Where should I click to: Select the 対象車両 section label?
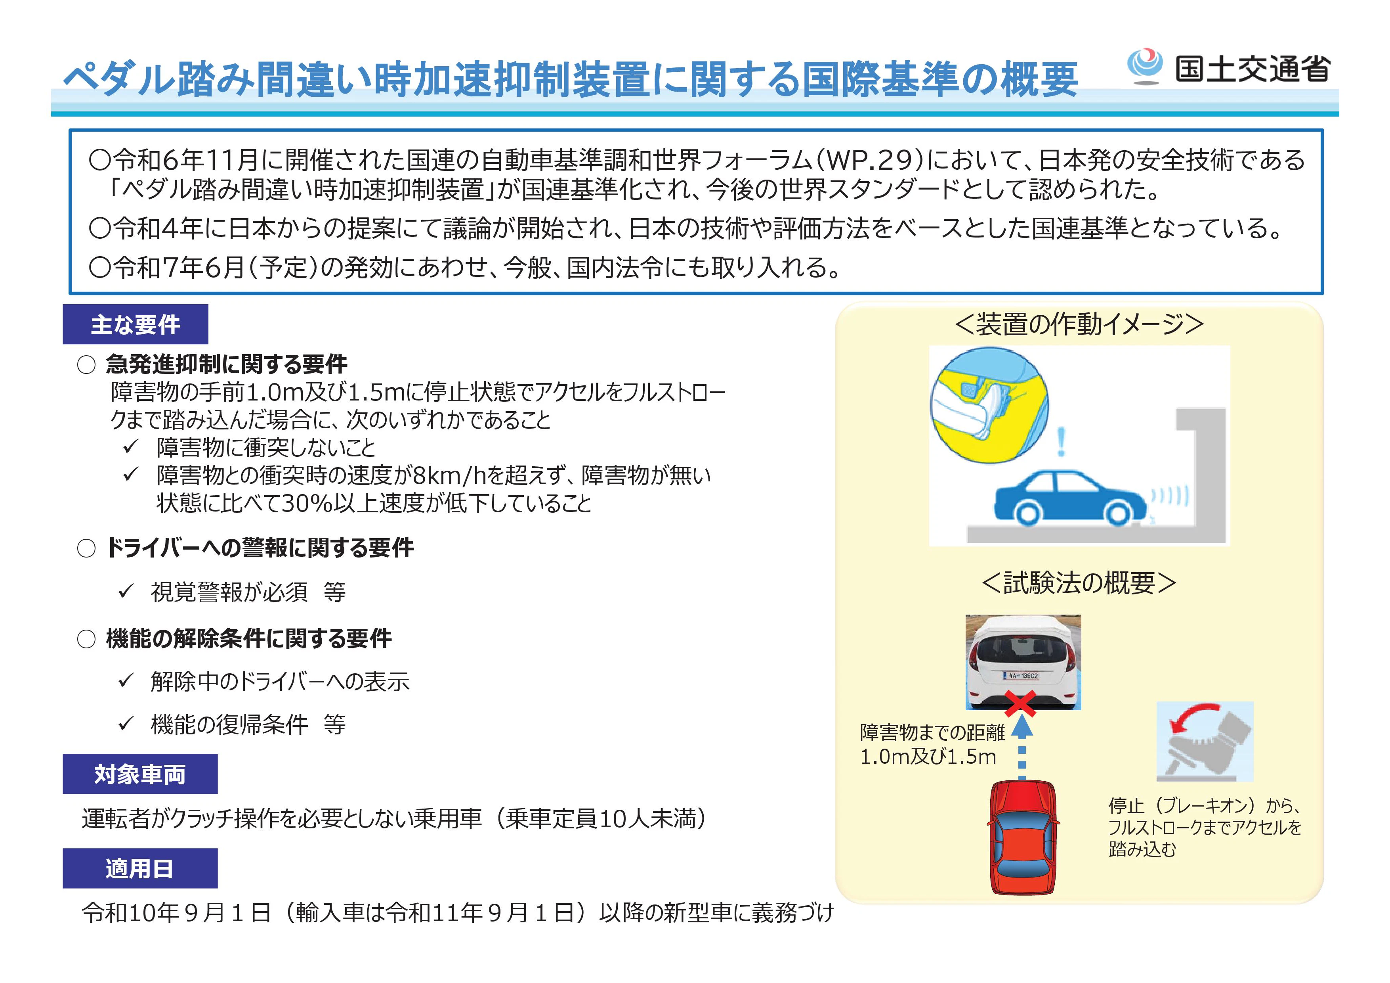click(x=140, y=774)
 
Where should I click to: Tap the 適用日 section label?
click(x=140, y=868)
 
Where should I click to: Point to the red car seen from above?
click(x=1023, y=837)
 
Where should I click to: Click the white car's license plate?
click(x=1023, y=675)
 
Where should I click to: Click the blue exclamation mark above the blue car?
click(x=1061, y=441)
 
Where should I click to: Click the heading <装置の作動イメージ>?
click(x=1079, y=324)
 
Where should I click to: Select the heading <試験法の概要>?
click(x=1079, y=583)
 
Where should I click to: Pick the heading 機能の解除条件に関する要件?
click(x=249, y=638)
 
